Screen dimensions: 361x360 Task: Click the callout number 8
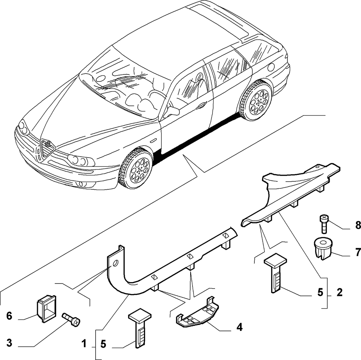click(x=358, y=225)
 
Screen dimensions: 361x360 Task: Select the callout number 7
click(x=358, y=252)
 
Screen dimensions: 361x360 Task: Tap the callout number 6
click(x=9, y=316)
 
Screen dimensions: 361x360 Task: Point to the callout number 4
click(x=239, y=327)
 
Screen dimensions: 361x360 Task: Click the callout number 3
click(x=9, y=343)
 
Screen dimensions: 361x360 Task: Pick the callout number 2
click(x=339, y=292)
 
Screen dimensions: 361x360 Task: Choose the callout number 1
click(x=84, y=344)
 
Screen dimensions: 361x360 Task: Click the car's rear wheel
click(x=256, y=100)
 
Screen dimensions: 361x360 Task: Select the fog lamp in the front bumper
click(x=80, y=184)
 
